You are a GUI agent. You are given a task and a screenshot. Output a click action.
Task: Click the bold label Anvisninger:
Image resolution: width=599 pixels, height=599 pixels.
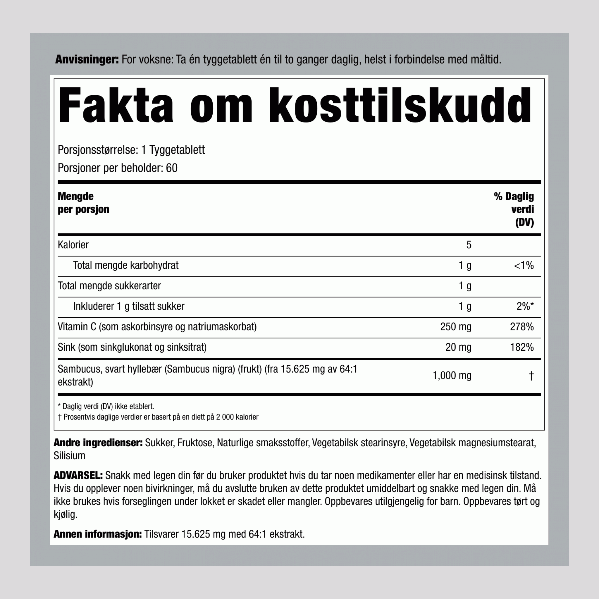(87, 60)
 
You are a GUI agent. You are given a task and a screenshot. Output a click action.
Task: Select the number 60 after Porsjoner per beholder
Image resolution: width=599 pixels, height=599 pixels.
(171, 168)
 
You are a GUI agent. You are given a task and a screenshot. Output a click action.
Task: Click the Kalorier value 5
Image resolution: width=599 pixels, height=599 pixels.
(469, 245)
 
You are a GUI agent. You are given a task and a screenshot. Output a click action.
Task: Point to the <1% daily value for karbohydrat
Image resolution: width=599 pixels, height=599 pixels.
(524, 265)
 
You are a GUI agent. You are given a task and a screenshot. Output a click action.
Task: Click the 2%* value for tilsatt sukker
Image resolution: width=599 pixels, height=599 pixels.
(525, 306)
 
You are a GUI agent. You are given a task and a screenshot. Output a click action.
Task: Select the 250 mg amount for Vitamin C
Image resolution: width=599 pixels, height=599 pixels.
(455, 327)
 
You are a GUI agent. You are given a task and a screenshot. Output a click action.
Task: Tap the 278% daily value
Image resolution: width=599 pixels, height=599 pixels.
(522, 327)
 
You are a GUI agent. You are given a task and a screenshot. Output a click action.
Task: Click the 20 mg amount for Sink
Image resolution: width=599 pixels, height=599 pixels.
(458, 347)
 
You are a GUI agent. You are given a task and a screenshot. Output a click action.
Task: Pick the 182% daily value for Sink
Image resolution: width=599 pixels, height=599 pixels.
(522, 347)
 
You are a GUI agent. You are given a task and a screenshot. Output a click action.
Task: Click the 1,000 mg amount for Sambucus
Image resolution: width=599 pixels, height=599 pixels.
(452, 376)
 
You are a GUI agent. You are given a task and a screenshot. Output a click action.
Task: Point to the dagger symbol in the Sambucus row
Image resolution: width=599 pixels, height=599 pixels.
(531, 376)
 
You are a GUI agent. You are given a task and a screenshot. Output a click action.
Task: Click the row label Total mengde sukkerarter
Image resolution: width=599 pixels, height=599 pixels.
(109, 286)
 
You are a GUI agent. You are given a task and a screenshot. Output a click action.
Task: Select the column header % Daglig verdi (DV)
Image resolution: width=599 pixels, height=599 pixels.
(514, 209)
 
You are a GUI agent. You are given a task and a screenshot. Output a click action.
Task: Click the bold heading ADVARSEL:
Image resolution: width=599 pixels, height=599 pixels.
(78, 475)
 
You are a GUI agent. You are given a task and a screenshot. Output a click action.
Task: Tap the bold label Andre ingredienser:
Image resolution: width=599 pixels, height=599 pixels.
(98, 443)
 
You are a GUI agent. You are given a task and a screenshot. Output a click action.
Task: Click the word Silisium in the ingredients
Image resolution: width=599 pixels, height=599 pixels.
(69, 455)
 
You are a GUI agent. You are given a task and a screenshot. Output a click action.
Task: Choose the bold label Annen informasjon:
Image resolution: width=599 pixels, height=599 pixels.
(97, 534)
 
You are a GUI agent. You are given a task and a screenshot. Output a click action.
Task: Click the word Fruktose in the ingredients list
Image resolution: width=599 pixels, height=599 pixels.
(195, 443)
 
